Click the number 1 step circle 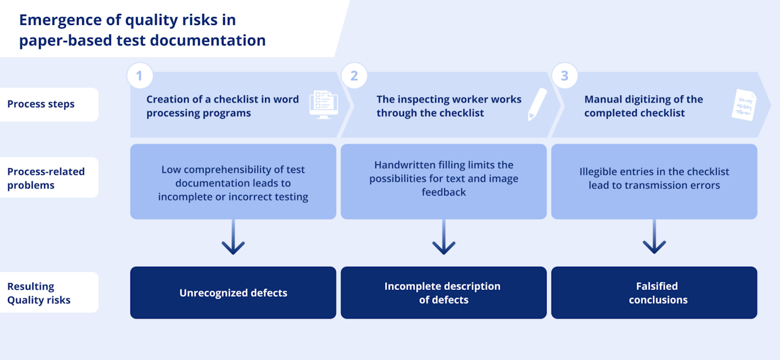[x=140, y=76]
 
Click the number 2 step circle [x=354, y=76]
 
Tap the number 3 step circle [x=564, y=76]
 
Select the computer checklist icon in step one [x=323, y=104]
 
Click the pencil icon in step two [x=537, y=104]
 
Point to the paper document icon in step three [x=743, y=105]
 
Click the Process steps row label [x=41, y=104]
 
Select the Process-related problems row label [x=46, y=178]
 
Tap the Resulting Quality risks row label [x=38, y=293]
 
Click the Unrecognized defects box [x=233, y=293]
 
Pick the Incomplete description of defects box [x=443, y=293]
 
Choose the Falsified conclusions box [x=654, y=293]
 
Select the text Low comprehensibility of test [x=233, y=169]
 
